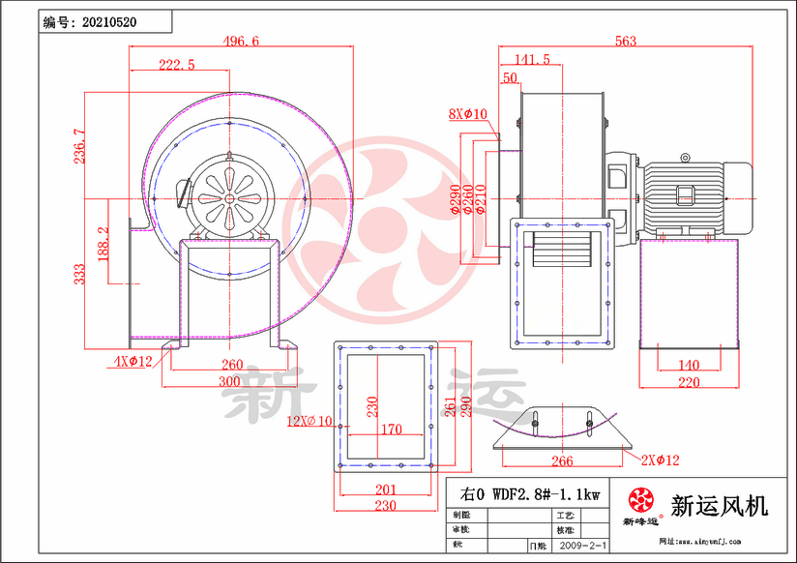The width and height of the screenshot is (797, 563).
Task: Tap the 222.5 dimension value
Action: point(177,65)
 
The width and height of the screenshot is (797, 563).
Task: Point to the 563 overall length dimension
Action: point(626,41)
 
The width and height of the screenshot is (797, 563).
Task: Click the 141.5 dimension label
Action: point(531,59)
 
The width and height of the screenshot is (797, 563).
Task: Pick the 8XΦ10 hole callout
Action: point(468,114)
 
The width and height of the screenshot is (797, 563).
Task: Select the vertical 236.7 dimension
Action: point(78,145)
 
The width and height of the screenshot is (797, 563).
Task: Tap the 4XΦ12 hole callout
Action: point(131,362)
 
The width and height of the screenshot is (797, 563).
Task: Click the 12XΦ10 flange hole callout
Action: point(310,421)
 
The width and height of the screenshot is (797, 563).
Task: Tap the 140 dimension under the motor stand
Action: point(688,365)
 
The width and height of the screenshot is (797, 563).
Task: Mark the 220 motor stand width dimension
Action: point(688,382)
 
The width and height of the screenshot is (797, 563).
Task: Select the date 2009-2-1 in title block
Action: point(580,547)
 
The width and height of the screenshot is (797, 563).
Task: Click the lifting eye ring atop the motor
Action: point(686,156)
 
